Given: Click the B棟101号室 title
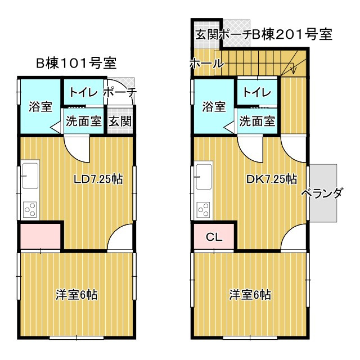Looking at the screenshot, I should click(76, 62).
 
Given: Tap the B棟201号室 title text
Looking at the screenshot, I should click(292, 35).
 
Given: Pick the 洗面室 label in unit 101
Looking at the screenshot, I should click(84, 120).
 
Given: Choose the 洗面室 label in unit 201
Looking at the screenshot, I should click(257, 120).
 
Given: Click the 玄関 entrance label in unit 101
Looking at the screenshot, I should click(120, 120).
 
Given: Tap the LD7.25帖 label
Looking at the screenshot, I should click(99, 179).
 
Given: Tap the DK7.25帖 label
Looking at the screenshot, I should click(272, 179).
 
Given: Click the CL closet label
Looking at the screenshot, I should click(214, 237).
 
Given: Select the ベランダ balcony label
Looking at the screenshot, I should click(322, 194).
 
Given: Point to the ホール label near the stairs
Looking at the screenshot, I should click(207, 64).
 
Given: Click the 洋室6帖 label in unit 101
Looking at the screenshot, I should click(77, 294).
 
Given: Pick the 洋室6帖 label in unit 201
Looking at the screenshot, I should click(250, 294).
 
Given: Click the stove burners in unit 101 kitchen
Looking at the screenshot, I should click(29, 210).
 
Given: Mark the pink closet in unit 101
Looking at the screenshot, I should click(40, 236).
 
